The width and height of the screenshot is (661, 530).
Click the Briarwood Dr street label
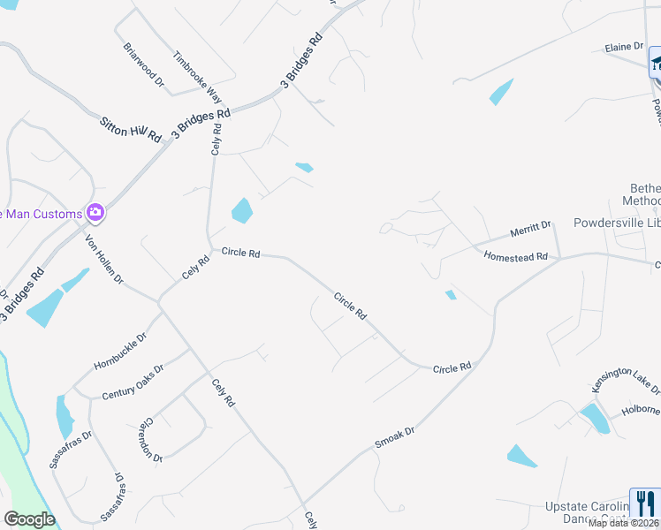click(144, 65)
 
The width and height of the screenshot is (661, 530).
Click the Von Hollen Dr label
click(104, 258)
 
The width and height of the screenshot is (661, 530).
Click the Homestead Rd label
click(516, 256)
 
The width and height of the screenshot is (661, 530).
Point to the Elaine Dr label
click(623, 47)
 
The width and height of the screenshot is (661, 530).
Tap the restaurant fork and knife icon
click(645, 503)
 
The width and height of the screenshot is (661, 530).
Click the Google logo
click(29, 519)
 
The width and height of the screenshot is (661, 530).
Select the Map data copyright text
click(624, 523)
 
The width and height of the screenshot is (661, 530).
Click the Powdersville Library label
click(616, 223)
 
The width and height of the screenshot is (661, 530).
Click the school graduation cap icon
click(656, 63)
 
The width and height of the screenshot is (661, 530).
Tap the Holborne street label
click(641, 410)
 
